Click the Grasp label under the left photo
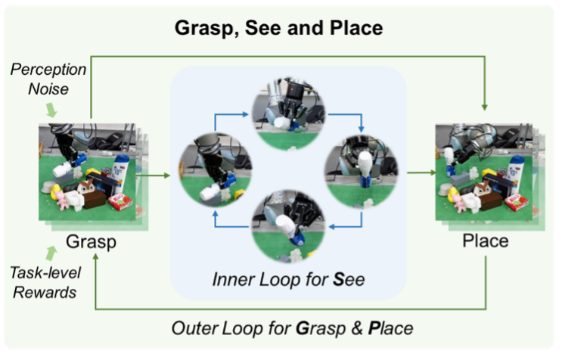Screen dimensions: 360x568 coord(90,243)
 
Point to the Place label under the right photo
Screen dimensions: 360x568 coord(485,243)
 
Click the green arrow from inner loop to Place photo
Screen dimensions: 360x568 coord(420,175)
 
